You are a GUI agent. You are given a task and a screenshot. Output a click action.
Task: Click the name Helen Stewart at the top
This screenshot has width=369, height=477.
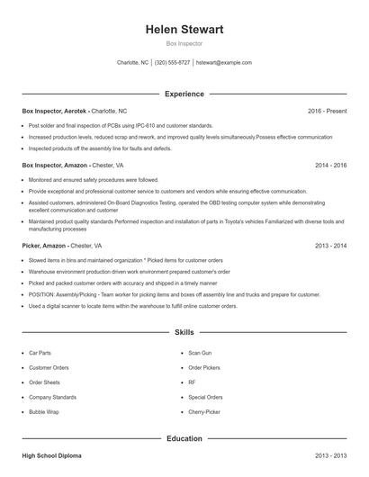tap(184, 30)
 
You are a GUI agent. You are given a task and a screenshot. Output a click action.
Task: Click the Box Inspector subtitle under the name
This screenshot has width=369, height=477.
tap(184, 43)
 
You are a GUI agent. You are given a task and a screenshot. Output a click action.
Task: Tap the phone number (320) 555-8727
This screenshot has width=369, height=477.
tap(172, 63)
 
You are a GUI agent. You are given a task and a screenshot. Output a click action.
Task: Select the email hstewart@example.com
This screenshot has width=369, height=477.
tap(224, 63)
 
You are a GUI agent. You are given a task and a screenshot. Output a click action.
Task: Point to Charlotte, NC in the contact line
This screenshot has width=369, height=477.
tap(133, 63)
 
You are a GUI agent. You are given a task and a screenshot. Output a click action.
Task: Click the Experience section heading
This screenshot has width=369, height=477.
tap(184, 94)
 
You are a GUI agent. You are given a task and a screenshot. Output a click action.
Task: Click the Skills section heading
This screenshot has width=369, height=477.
tap(184, 332)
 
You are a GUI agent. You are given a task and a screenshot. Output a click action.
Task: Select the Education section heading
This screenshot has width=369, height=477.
tap(184, 438)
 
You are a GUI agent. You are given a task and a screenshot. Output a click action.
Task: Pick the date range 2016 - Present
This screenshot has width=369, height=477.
tap(327, 111)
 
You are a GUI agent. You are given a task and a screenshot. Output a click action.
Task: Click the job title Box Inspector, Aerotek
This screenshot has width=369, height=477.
tap(55, 111)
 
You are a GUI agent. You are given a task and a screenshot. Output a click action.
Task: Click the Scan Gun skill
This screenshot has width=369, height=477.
tap(200, 353)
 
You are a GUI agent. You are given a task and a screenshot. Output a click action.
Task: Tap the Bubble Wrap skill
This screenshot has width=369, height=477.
tap(43, 411)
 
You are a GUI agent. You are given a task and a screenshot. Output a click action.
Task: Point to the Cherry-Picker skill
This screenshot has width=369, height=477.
tap(204, 411)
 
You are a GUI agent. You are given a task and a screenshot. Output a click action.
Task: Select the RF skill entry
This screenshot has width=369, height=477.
tap(192, 382)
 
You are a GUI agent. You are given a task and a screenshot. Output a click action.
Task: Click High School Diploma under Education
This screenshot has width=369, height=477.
tap(52, 456)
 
